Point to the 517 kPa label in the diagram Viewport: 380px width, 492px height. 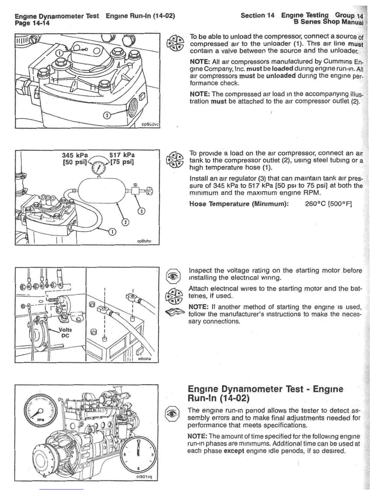click(x=122, y=155)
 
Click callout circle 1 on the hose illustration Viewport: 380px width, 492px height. click(x=112, y=232)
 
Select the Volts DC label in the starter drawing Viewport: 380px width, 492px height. click(x=65, y=333)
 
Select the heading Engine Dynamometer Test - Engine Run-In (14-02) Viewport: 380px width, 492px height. click(x=265, y=393)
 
